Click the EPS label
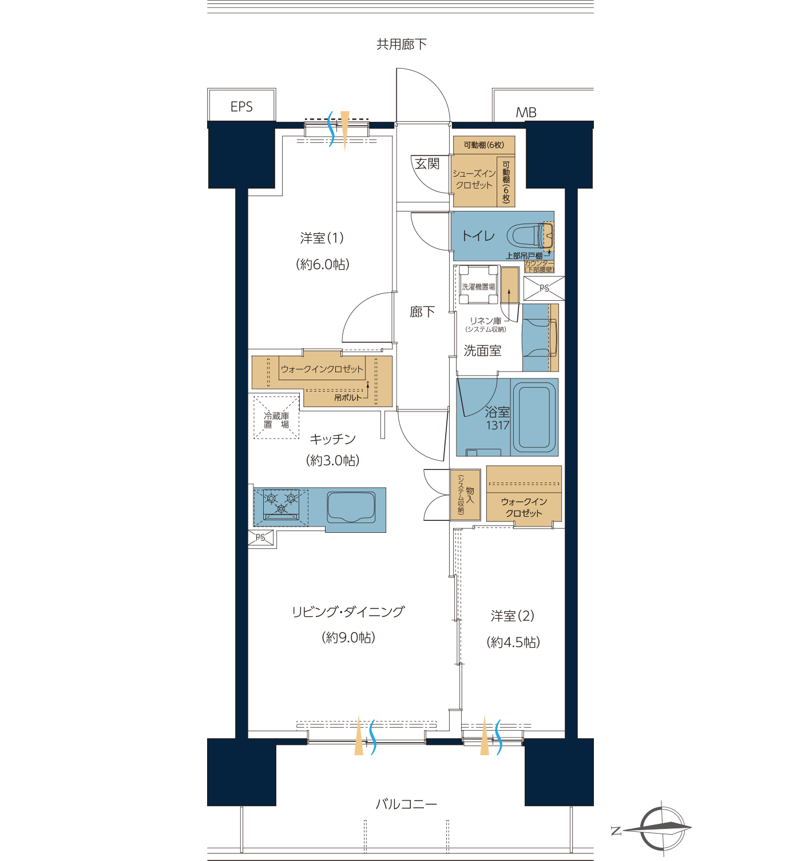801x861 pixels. [241, 107]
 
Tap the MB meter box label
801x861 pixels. [526, 113]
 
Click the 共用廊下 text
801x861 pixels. [402, 44]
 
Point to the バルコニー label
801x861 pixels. [406, 804]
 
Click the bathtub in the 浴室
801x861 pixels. [534, 417]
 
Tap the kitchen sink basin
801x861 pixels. [351, 507]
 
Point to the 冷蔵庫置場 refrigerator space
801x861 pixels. [276, 418]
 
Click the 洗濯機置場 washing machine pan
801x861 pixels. [479, 285]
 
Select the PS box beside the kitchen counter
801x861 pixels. [261, 538]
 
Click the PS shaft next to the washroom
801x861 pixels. [544, 288]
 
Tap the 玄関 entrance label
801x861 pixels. [427, 164]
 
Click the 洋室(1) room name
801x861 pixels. [322, 238]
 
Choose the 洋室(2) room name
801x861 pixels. [513, 616]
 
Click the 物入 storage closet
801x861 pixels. [465, 495]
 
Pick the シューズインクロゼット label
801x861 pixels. [474, 179]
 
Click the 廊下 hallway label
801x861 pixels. [422, 312]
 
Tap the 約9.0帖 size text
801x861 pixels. [348, 637]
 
